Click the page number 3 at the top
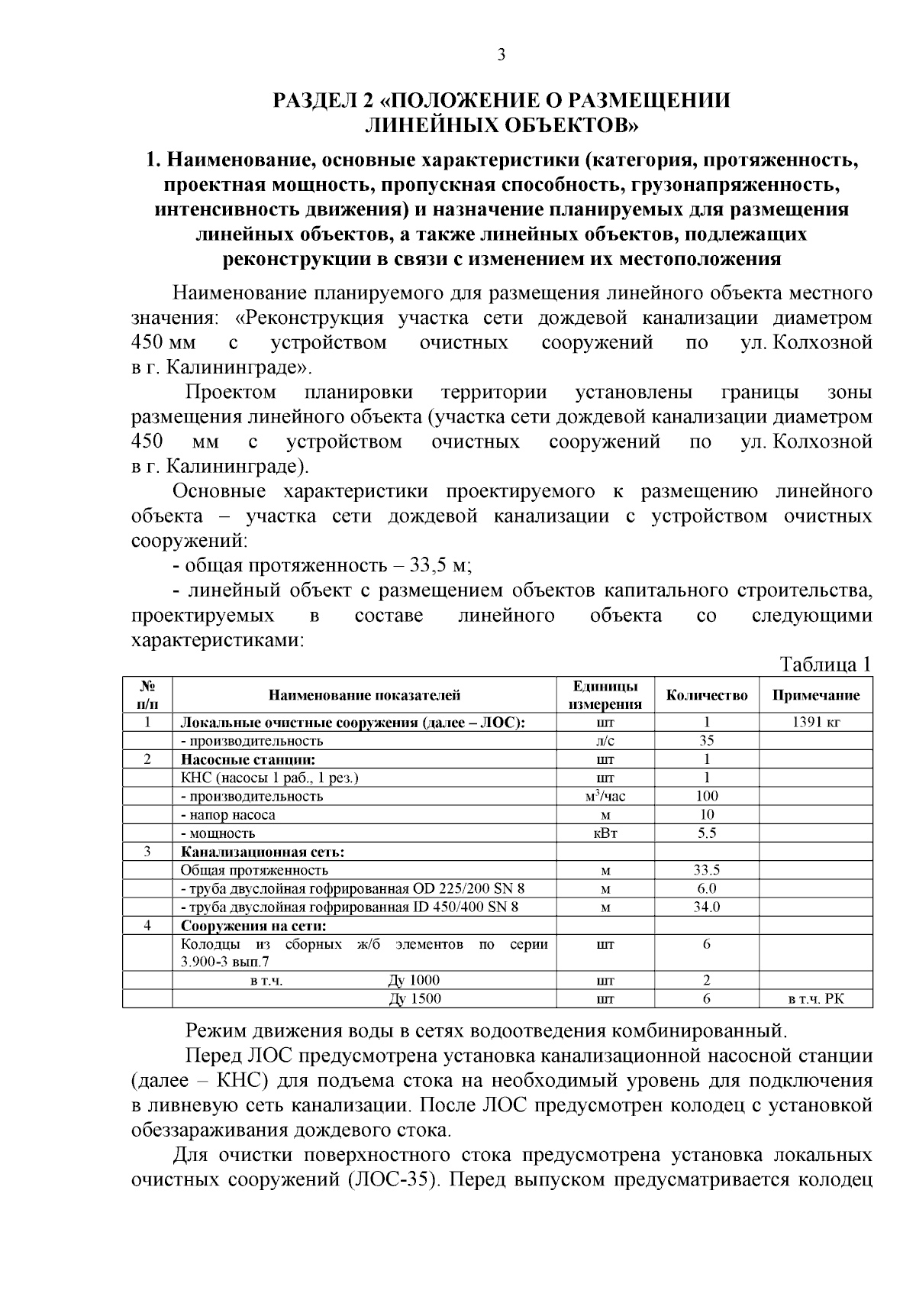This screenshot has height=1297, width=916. coord(501,55)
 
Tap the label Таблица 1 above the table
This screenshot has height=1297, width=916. coord(824,665)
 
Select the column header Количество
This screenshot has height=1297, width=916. coord(707,695)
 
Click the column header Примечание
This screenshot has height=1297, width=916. coord(816,695)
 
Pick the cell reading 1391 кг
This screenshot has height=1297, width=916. coord(816,723)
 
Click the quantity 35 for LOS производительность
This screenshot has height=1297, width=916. coord(707,741)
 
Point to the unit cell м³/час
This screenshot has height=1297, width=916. coord(605,797)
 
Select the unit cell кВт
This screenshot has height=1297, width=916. coord(605,833)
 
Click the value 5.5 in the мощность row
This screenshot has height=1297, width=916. coord(707,833)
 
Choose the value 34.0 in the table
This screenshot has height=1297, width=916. coord(707,907)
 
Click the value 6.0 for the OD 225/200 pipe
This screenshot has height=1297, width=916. coord(707,889)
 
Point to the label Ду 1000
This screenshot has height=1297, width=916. coord(414,981)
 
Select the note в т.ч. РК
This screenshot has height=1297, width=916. coord(816,999)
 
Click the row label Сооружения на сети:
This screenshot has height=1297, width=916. coord(253,926)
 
